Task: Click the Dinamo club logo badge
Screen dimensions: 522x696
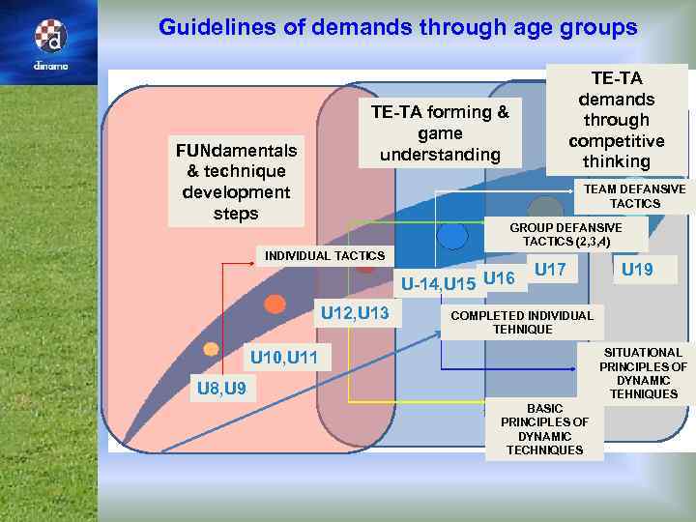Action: coord(49,38)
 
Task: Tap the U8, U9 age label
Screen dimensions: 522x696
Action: coord(220,389)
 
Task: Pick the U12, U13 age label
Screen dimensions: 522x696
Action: coord(354,313)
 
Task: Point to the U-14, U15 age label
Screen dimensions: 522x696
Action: coord(438,284)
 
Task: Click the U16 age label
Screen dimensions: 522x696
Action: coord(499,278)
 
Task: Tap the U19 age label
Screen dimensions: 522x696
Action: coord(636,270)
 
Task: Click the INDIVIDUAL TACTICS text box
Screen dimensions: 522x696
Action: coord(325,255)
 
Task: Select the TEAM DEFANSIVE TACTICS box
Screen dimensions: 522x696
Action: coord(635,196)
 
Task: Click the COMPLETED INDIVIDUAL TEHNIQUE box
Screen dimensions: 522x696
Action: coord(522,322)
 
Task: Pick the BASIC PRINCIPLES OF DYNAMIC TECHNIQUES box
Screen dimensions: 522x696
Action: coord(544,429)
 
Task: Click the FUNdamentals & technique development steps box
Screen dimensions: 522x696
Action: coord(236,181)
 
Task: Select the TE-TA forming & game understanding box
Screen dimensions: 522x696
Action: coord(440,133)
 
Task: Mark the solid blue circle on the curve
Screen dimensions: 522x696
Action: coord(452,235)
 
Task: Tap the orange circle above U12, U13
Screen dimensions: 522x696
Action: coord(275,304)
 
